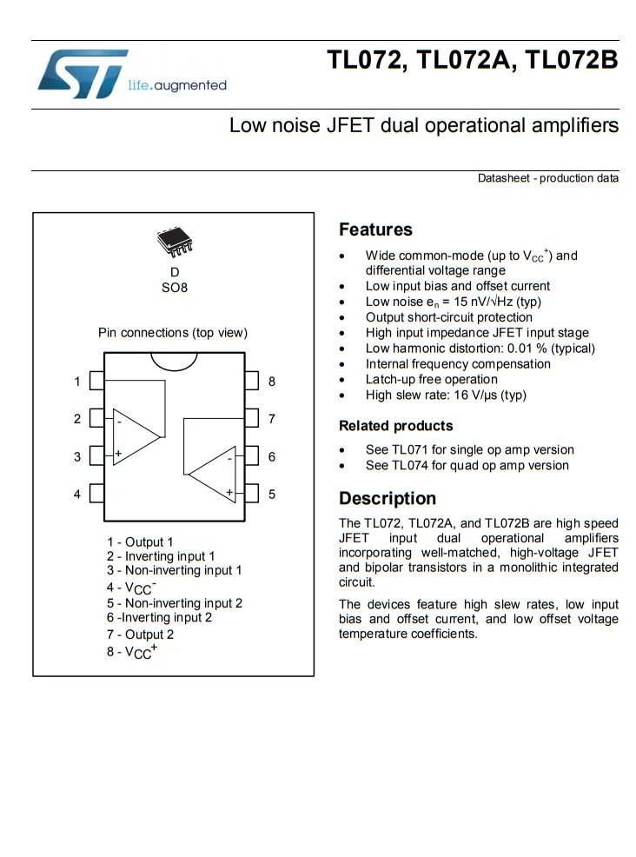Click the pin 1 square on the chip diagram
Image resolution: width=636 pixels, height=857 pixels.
pyautogui.click(x=97, y=381)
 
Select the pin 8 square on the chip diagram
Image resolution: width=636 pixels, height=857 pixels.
pyautogui.click(x=252, y=381)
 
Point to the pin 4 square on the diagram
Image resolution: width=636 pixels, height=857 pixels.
pyautogui.click(x=97, y=494)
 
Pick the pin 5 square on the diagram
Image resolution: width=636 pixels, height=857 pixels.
pyautogui.click(x=252, y=494)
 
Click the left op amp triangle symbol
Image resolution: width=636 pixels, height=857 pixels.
pyautogui.click(x=135, y=436)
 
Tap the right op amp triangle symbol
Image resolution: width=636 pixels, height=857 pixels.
pyautogui.click(x=214, y=475)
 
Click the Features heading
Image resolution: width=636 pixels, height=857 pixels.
pyautogui.click(x=375, y=230)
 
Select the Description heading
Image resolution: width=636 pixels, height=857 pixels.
pyautogui.click(x=388, y=499)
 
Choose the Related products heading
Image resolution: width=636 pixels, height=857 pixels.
pyautogui.click(x=395, y=426)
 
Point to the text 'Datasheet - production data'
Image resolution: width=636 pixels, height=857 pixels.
pyautogui.click(x=547, y=178)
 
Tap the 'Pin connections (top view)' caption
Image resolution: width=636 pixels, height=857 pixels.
pyautogui.click(x=172, y=333)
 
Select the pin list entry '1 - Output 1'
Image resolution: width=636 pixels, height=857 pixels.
pyautogui.click(x=140, y=541)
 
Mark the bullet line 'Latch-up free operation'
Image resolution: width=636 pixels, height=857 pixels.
pyautogui.click(x=431, y=380)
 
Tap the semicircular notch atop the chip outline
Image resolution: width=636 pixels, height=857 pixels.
pyautogui.click(x=174, y=360)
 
